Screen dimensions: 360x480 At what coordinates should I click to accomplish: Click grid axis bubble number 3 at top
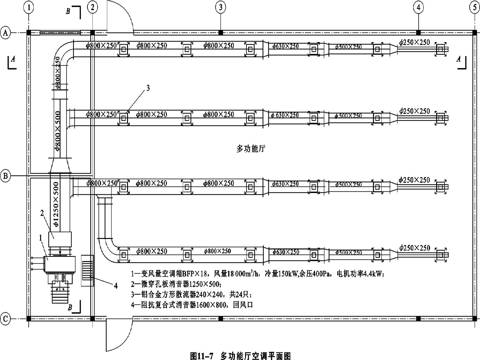(220, 7)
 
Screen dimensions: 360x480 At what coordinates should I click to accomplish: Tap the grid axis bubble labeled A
(6, 32)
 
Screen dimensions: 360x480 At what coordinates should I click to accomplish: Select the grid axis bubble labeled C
(6, 318)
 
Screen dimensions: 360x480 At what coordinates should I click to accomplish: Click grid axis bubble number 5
(474, 7)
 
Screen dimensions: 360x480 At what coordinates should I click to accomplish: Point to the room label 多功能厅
(251, 149)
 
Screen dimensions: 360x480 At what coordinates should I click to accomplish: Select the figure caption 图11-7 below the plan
(240, 355)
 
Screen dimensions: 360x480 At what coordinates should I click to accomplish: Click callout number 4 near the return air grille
(116, 286)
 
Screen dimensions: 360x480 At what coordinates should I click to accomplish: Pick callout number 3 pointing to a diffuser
(148, 88)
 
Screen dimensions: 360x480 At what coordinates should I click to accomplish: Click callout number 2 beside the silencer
(42, 213)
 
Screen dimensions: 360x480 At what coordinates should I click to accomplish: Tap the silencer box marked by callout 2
(62, 239)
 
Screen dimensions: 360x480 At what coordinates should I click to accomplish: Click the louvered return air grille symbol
(88, 270)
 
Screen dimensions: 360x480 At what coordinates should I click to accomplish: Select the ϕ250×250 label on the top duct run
(414, 42)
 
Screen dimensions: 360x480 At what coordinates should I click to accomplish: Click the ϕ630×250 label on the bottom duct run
(285, 251)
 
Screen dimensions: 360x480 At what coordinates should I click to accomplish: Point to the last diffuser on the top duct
(441, 49)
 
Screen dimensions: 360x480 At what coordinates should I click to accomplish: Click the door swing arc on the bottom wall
(120, 336)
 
